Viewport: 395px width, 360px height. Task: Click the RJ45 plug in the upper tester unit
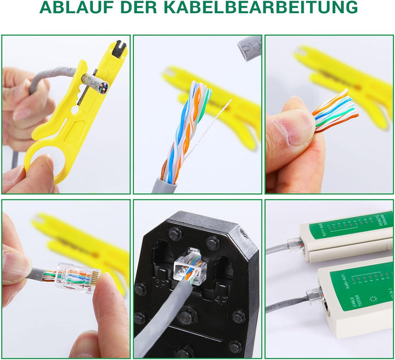pyautogui.click(x=296, y=243)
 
